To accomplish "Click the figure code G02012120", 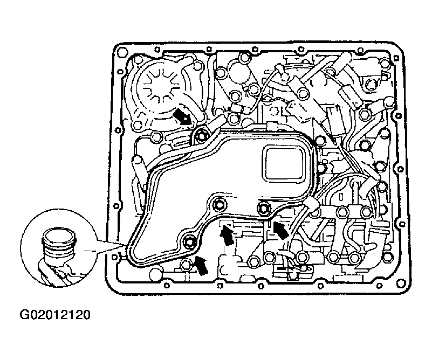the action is tap(55, 314).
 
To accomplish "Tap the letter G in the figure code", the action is tap(24, 314).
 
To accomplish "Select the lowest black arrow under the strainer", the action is tap(201, 265).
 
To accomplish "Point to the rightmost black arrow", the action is tap(281, 230).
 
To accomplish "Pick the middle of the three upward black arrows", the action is tap(227, 234).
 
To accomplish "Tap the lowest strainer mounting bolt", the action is tap(189, 241).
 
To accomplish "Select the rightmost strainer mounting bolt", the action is tap(263, 208).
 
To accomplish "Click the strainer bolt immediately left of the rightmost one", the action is tap(220, 204).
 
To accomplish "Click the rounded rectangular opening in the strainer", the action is tap(284, 163).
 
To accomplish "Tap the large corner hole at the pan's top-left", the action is tap(121, 52).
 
